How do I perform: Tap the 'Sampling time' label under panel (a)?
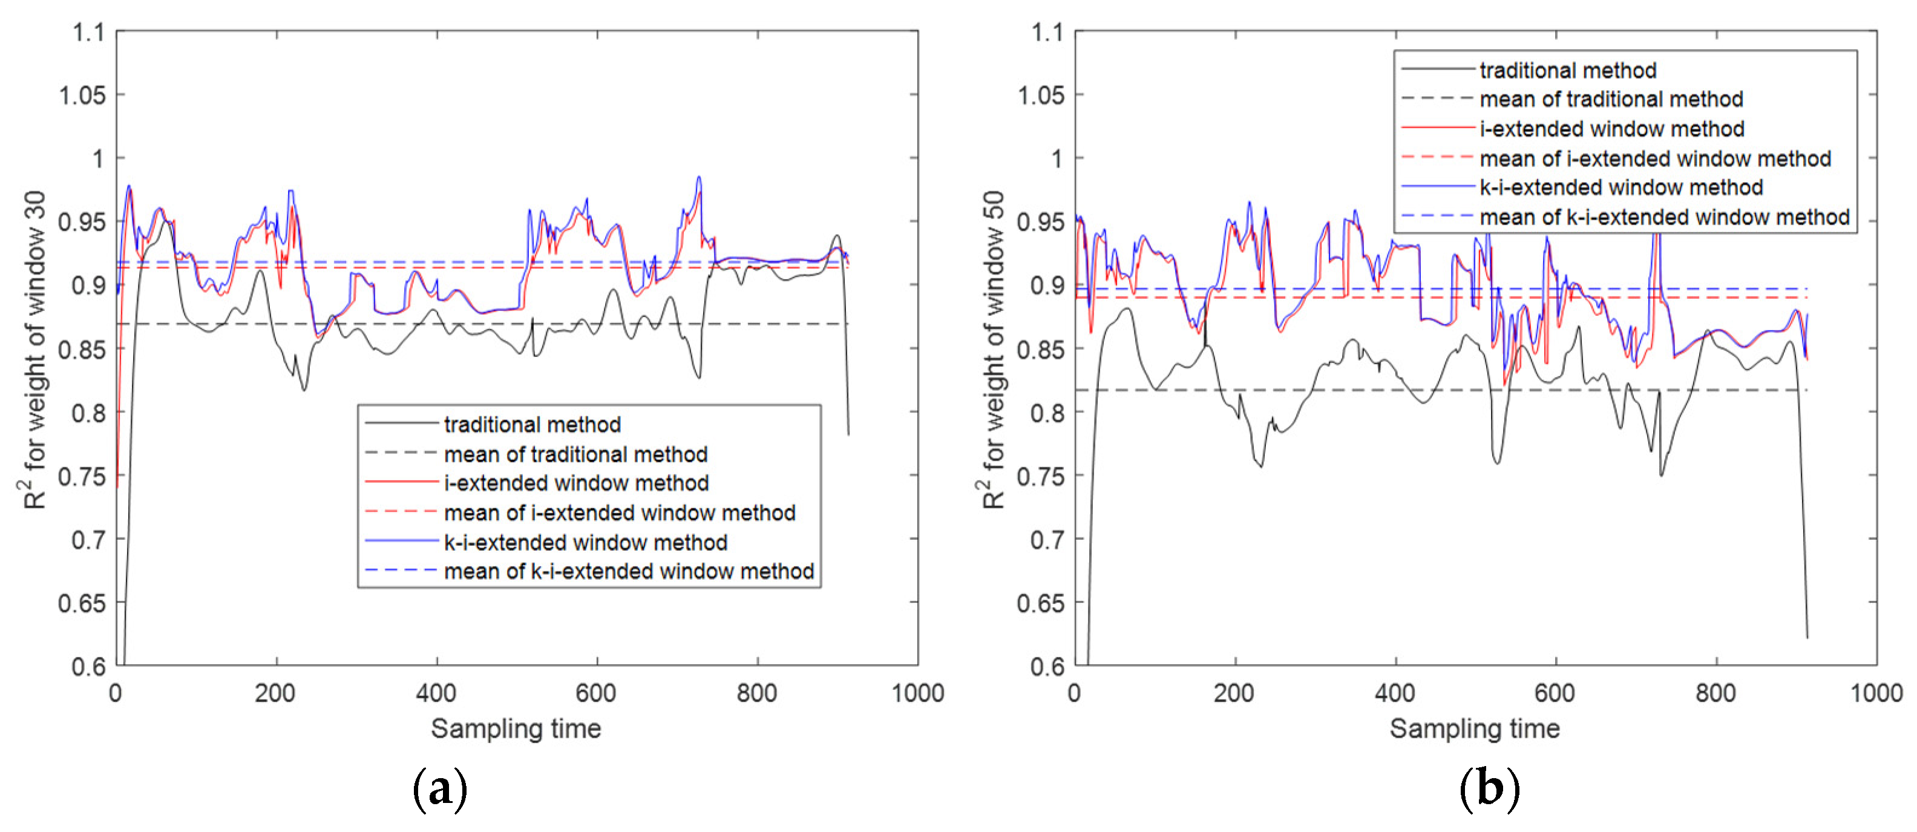pos(516,729)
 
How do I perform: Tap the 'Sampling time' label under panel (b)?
pos(1474,729)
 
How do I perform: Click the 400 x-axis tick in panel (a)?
pos(436,693)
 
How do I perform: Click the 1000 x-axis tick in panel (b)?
pos(1876,693)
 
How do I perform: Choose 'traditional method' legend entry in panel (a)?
pos(532,425)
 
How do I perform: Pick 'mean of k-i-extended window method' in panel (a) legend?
pos(629,572)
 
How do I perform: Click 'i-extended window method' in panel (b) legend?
pos(1611,129)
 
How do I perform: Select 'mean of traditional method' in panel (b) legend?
pos(1611,100)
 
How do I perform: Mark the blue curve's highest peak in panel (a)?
pos(699,177)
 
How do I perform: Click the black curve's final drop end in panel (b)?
pos(1807,637)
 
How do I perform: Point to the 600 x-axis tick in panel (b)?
pos(1555,693)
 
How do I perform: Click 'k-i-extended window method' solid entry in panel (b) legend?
pos(1621,188)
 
